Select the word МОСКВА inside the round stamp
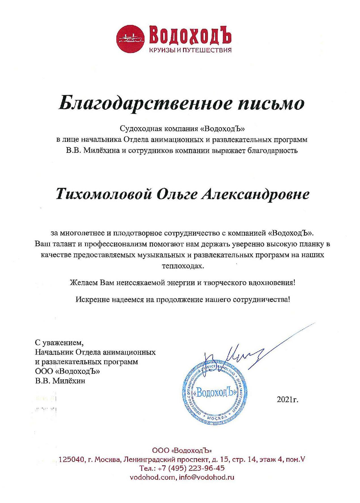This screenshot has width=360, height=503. click(217, 418)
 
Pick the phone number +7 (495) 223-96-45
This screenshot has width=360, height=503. click(186, 468)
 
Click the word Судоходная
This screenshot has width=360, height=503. click(141, 129)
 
